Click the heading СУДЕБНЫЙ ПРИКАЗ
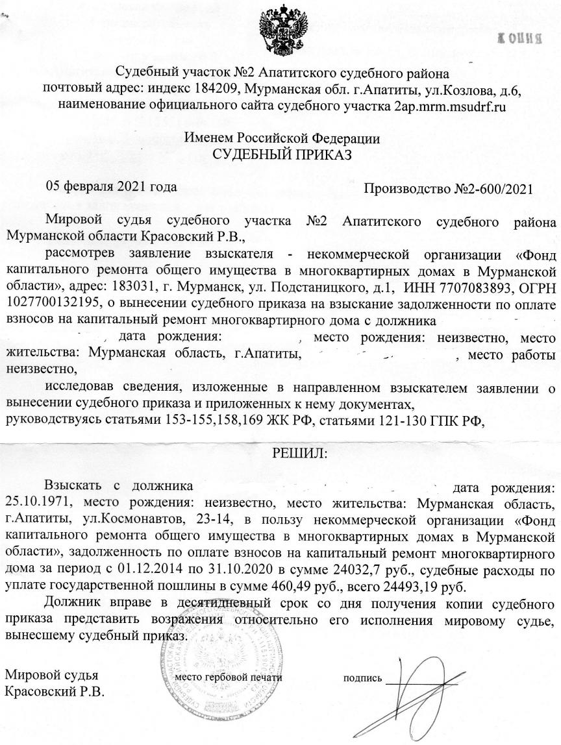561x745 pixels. pos(282,154)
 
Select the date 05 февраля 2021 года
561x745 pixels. pos(111,187)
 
